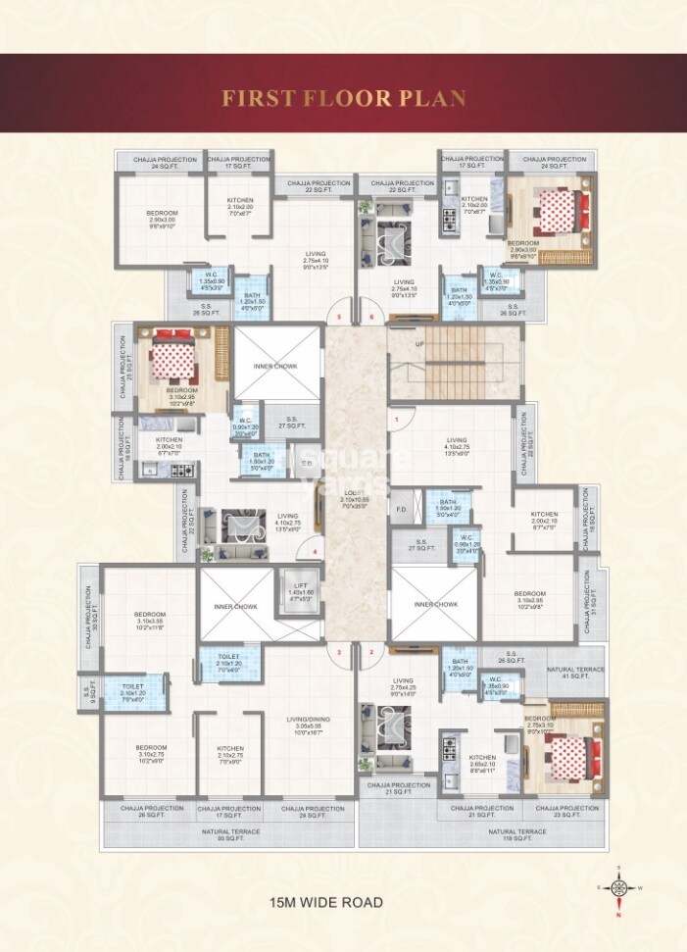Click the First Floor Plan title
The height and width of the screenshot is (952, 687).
click(x=343, y=98)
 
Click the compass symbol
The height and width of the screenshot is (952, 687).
click(x=619, y=888)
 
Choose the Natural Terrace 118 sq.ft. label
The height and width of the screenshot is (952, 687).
click(x=518, y=834)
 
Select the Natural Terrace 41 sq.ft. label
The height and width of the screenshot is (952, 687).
click(x=574, y=672)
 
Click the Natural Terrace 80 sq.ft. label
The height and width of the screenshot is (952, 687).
click(x=230, y=834)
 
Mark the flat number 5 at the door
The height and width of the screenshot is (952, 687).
click(x=339, y=318)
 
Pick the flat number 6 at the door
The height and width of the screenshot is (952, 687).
click(x=371, y=318)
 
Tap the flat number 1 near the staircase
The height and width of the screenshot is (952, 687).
click(x=397, y=420)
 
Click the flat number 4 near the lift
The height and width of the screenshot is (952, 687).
click(x=313, y=552)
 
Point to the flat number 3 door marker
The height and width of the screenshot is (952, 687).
click(x=339, y=651)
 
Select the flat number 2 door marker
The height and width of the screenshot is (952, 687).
click(x=371, y=651)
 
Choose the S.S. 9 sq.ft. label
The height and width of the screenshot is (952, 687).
click(x=89, y=690)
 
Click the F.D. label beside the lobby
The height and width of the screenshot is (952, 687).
click(x=400, y=510)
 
